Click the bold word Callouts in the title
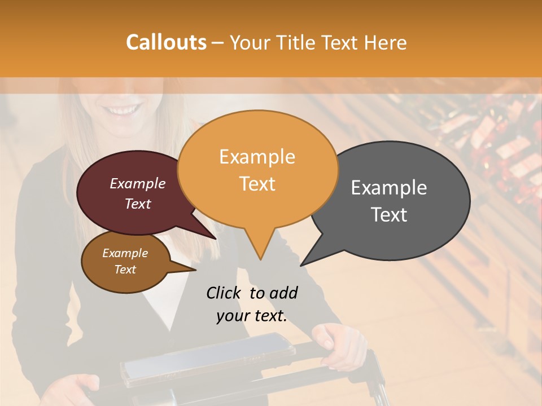point(166,42)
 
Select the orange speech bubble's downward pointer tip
point(260,259)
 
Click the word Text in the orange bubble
point(257,184)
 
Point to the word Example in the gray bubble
point(389,187)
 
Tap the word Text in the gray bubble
point(389,214)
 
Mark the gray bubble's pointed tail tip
point(301,265)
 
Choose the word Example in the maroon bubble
point(137,183)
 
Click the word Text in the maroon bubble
point(137,204)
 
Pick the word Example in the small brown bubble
point(125,253)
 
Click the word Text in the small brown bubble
point(125,270)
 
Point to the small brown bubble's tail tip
point(195,270)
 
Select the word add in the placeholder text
point(283,293)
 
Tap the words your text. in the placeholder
point(252,316)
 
